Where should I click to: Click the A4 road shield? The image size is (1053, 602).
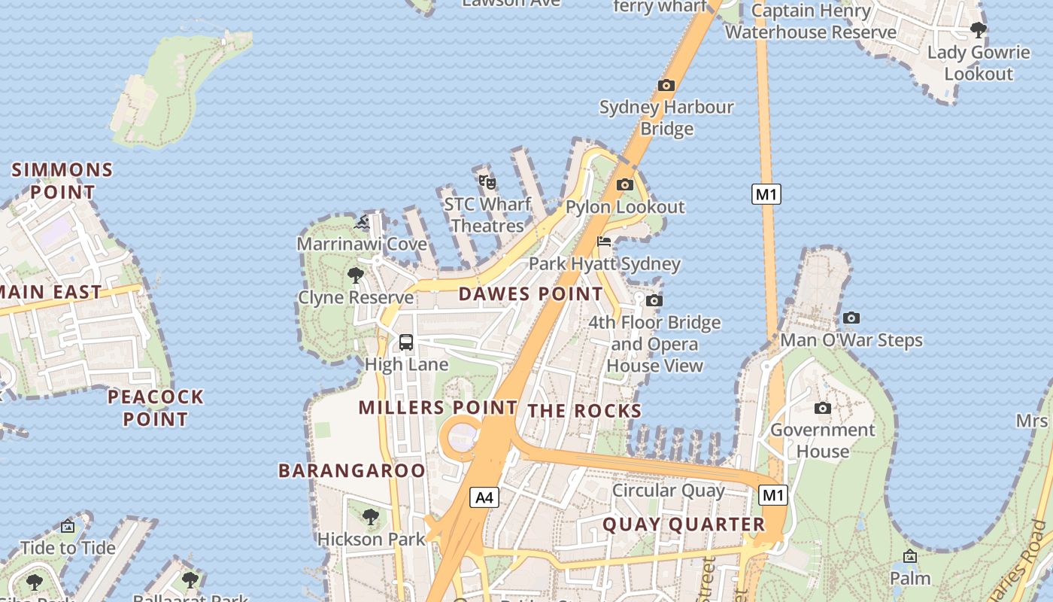485,497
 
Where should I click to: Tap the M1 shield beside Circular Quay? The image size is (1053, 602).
773,495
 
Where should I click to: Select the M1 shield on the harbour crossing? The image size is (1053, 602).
766,194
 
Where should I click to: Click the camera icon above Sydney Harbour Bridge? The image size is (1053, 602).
666,85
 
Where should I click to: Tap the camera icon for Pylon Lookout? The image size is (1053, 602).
624,184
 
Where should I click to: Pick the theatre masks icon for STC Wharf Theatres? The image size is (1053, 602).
487,181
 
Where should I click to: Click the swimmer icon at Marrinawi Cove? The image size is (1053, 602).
363,222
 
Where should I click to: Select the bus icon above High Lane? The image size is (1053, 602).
406,342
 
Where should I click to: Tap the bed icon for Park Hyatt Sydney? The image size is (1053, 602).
604,242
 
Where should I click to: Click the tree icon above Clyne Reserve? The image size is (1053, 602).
356,275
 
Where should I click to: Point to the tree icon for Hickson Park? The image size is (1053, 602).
370,517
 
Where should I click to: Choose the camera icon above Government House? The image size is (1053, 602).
823,408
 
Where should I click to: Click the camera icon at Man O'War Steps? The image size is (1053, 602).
851,318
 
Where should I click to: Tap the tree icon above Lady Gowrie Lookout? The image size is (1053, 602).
978,30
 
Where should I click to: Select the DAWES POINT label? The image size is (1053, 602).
531,294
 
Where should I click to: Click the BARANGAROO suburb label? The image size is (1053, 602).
352,471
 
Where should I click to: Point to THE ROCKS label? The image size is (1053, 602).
584,411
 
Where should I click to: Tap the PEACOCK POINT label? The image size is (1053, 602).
156,408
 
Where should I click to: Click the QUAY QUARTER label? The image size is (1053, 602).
684,524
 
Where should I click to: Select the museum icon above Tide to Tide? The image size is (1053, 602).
68,525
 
